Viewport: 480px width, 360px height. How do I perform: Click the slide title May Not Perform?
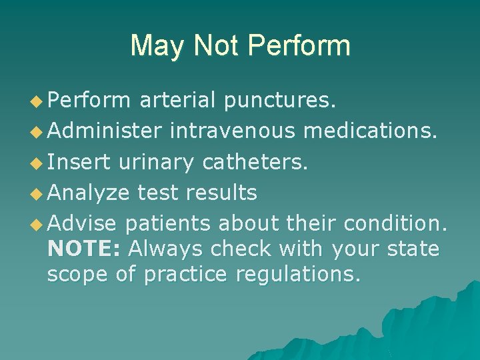pyautogui.click(x=240, y=46)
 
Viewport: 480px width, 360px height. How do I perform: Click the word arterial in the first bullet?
pyautogui.click(x=177, y=101)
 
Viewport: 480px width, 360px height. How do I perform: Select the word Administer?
pyautogui.click(x=105, y=131)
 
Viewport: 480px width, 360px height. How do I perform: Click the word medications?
pyautogui.click(x=371, y=131)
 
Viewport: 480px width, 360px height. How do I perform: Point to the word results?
pyautogui.click(x=221, y=193)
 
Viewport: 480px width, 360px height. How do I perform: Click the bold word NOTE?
pyautogui.click(x=85, y=249)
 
